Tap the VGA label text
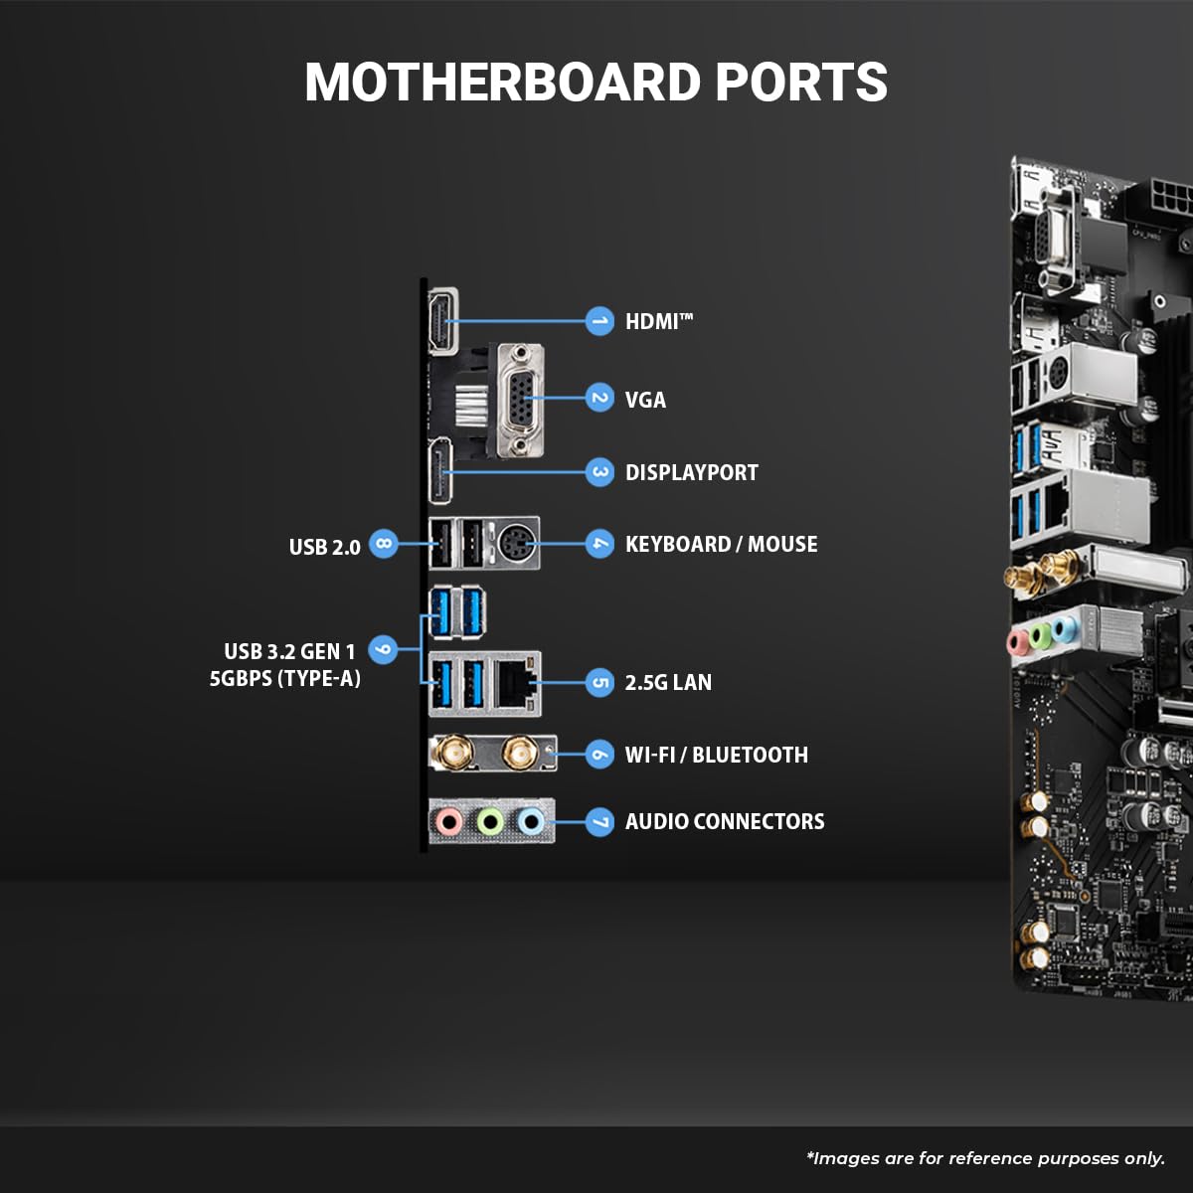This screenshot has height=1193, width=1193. point(645,400)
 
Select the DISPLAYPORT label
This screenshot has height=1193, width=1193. point(691,472)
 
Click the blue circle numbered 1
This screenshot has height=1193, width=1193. point(598,321)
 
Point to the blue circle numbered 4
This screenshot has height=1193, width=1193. point(598,544)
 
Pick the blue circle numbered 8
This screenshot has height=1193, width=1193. point(383,545)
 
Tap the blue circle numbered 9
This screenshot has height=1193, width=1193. point(383,651)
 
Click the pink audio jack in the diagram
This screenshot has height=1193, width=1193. point(449,821)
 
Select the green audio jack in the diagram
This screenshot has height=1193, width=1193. point(490,821)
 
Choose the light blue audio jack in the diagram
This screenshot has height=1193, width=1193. point(532,821)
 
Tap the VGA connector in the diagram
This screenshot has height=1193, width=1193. point(519,399)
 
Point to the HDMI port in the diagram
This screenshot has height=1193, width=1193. point(441,321)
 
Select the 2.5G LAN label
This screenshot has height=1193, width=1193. point(668,682)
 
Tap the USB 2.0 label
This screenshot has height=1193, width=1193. point(324,547)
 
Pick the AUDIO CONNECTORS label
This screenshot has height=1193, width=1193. point(724,821)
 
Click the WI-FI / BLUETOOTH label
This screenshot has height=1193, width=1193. point(716,755)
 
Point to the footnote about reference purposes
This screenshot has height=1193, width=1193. point(984,1158)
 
